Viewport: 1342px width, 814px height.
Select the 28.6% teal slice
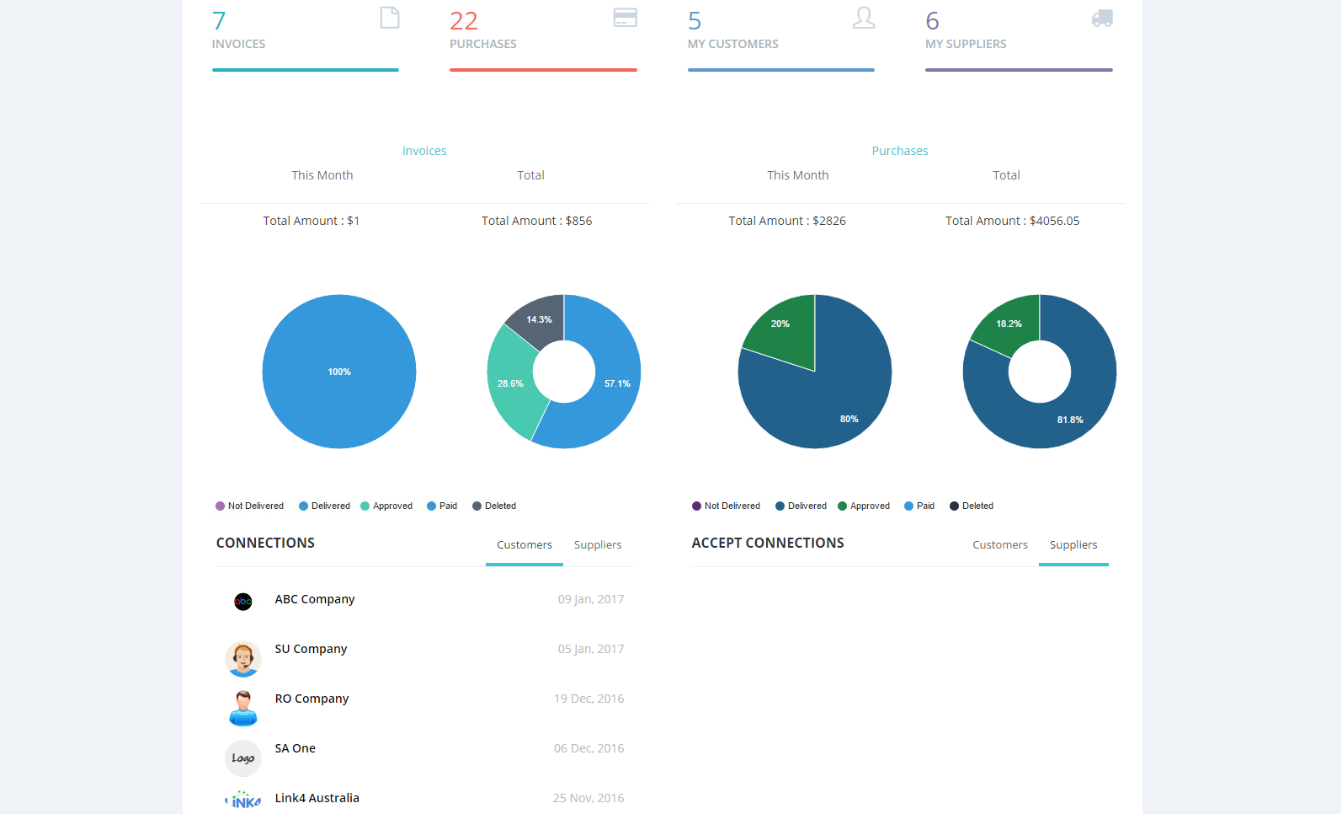[x=510, y=383]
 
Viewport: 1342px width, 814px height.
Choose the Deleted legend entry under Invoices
[x=494, y=506]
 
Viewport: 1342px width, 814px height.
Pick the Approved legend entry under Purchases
[x=864, y=506]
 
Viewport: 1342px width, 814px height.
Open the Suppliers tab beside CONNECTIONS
[x=598, y=545]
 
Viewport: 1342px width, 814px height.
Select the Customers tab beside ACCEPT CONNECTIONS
[x=1000, y=545]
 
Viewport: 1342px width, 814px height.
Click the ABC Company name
[x=315, y=599]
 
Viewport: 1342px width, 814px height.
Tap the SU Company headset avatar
[x=243, y=659]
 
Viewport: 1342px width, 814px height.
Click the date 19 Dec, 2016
[x=589, y=699]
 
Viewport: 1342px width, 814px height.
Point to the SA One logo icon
[x=243, y=758]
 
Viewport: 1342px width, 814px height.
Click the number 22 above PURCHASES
[x=464, y=21]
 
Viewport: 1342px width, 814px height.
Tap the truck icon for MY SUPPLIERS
[x=1102, y=18]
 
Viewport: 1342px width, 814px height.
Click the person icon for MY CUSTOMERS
[x=864, y=18]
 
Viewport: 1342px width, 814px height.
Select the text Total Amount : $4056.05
[x=1012, y=221]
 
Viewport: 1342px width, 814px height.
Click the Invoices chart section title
[x=424, y=151]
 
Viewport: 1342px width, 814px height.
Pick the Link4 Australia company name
[x=317, y=798]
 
